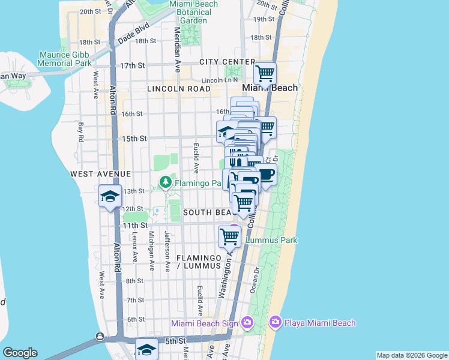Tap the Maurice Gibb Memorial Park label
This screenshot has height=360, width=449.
click(x=65, y=58)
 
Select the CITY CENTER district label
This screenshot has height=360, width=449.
click(x=228, y=62)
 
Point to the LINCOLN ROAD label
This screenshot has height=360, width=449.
click(x=179, y=89)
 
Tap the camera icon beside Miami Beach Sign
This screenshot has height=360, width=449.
click(x=247, y=323)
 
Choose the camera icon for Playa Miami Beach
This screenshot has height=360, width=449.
click(x=276, y=323)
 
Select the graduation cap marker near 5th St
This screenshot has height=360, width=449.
click(x=146, y=349)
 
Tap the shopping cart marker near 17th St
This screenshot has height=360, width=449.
click(x=265, y=74)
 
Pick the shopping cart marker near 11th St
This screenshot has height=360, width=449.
click(x=230, y=235)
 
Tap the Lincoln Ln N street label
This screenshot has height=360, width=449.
click(x=220, y=80)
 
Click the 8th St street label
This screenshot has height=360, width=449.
click(x=135, y=280)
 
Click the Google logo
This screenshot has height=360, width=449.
click(x=20, y=353)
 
